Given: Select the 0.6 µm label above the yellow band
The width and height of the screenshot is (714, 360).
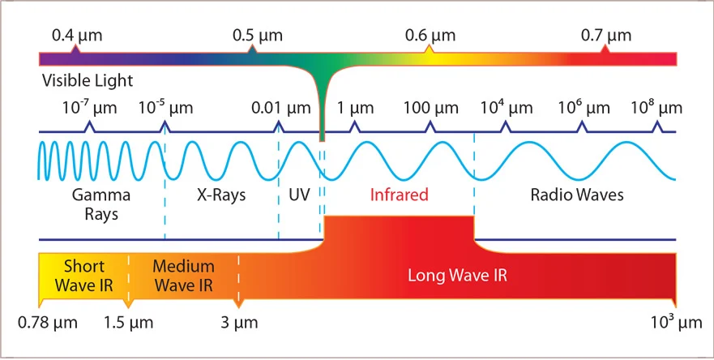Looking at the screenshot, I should click(x=430, y=36).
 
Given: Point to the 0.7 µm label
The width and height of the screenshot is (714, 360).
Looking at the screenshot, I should click(x=605, y=36).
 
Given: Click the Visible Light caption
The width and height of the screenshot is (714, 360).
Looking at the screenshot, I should click(x=87, y=81).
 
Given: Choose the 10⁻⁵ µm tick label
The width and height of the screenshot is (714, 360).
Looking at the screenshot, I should click(x=166, y=108).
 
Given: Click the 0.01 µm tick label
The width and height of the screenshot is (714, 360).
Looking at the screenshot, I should click(x=280, y=108).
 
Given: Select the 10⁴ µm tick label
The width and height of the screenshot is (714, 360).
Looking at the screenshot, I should click(x=507, y=108).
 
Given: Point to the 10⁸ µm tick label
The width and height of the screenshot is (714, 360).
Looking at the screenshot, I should click(x=656, y=108).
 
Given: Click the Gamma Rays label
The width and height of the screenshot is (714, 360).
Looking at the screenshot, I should click(x=95, y=204).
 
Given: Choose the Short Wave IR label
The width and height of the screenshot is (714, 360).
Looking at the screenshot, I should click(x=83, y=275).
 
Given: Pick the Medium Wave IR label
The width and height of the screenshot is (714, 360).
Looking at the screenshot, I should click(x=183, y=275).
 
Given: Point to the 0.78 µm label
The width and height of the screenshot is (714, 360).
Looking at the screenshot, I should click(x=48, y=323).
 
